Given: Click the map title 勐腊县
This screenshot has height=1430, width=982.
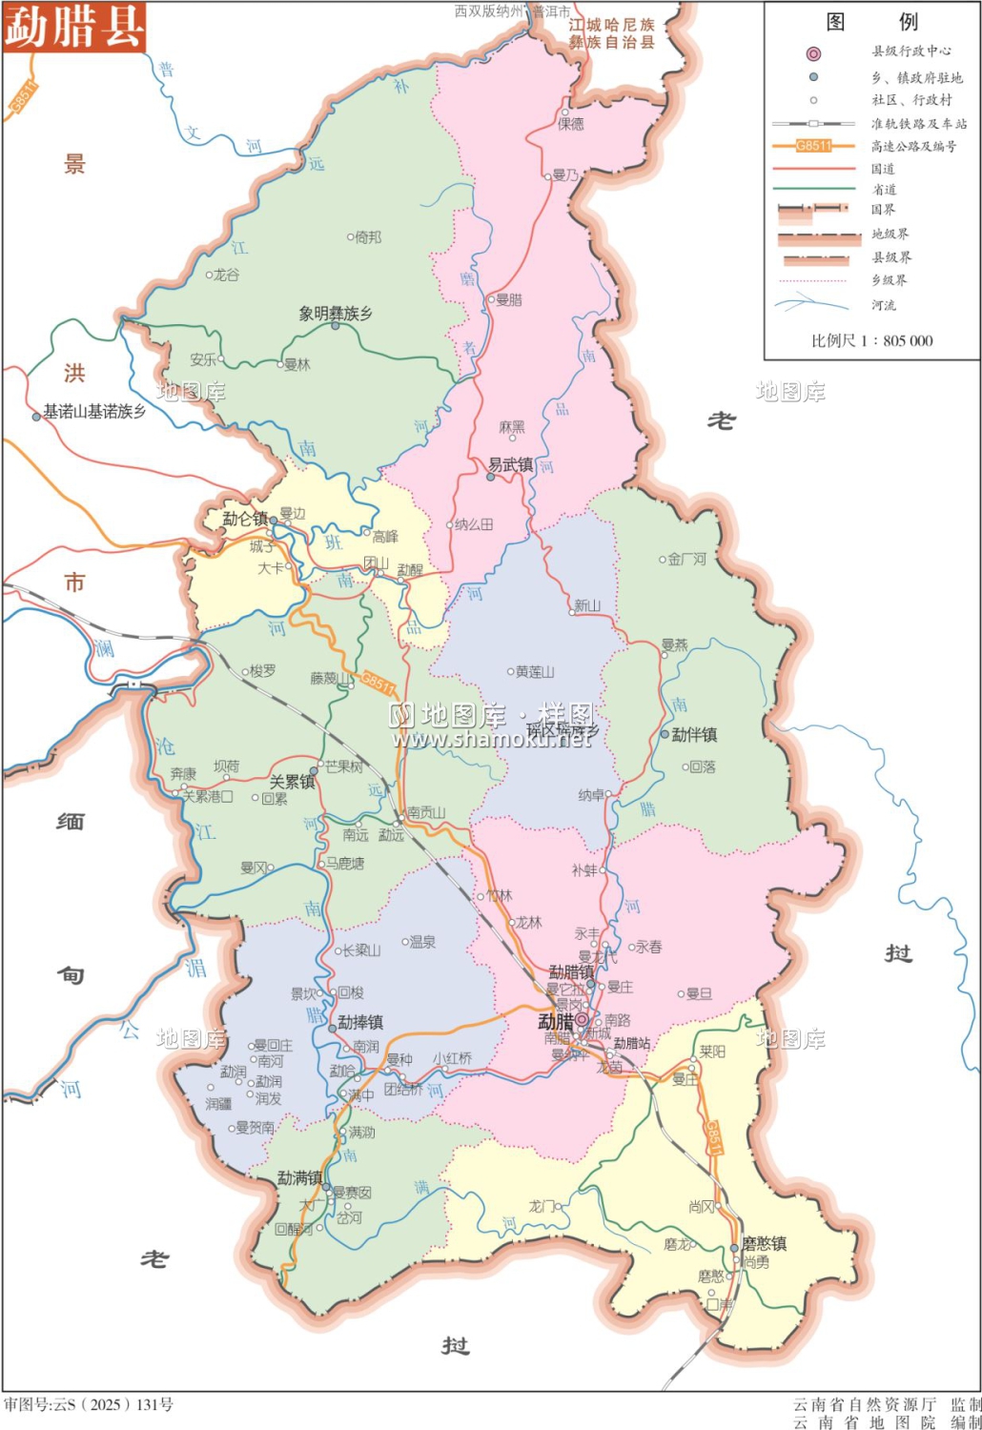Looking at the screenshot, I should pos(74,26).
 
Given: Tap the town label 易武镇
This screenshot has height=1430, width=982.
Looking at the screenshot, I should pos(510,465).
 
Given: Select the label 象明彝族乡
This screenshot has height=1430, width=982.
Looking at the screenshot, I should pos(336,314).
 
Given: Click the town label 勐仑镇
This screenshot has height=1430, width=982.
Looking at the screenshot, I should pos(245,519).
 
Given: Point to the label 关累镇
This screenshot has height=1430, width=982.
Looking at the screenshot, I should pos(292,782).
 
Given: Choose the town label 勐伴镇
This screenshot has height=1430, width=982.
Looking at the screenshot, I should pos(694,735).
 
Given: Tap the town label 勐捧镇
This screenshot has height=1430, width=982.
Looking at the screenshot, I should pos(360,1022).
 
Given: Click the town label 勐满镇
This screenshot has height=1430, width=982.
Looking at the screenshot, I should pos(300,1178).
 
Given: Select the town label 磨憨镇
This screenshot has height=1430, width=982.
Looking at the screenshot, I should pos(765,1243).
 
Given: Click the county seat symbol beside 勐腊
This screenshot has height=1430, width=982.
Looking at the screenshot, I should pos(582,1020).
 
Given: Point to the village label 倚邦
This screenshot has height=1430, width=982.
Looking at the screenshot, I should pos(368,237).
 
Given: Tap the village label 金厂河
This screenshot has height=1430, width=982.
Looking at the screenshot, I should pos(686,560).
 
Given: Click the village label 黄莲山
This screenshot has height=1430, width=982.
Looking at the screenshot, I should pos(535,672).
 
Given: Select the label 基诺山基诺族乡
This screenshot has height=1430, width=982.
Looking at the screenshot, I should pos(94,412).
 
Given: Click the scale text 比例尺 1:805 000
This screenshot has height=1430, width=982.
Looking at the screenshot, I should pos(871,340).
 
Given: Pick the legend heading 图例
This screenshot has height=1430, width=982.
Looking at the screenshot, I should pos(871,22).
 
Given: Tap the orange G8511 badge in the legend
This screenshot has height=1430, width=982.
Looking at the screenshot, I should pos(813,146).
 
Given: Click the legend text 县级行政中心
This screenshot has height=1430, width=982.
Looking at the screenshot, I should pos(910,51).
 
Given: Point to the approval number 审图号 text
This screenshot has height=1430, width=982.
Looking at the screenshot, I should pos(89,1404).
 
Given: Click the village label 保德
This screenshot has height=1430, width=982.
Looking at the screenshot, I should pos(571,124).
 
